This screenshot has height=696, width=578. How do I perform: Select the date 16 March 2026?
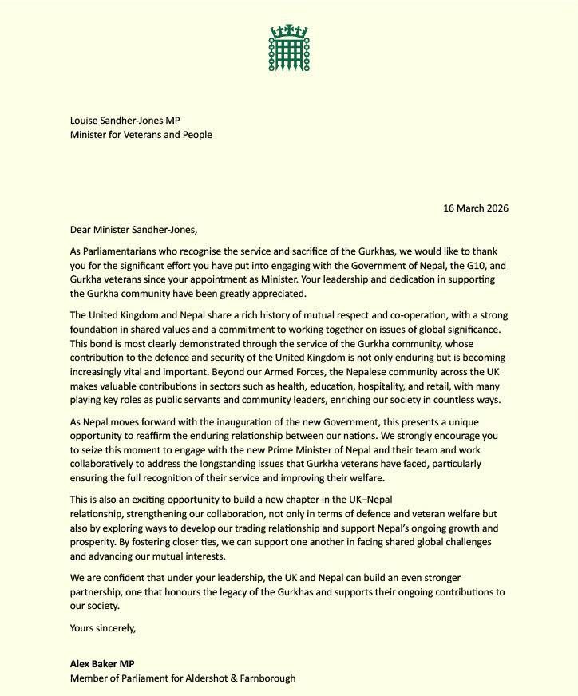tap(476, 208)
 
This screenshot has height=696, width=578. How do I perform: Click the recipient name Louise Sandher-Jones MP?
tap(125, 121)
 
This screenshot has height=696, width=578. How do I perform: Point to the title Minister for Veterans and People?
tap(141, 135)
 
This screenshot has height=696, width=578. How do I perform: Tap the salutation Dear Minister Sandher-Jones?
tap(133, 230)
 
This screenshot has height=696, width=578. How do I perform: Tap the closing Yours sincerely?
tap(103, 627)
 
